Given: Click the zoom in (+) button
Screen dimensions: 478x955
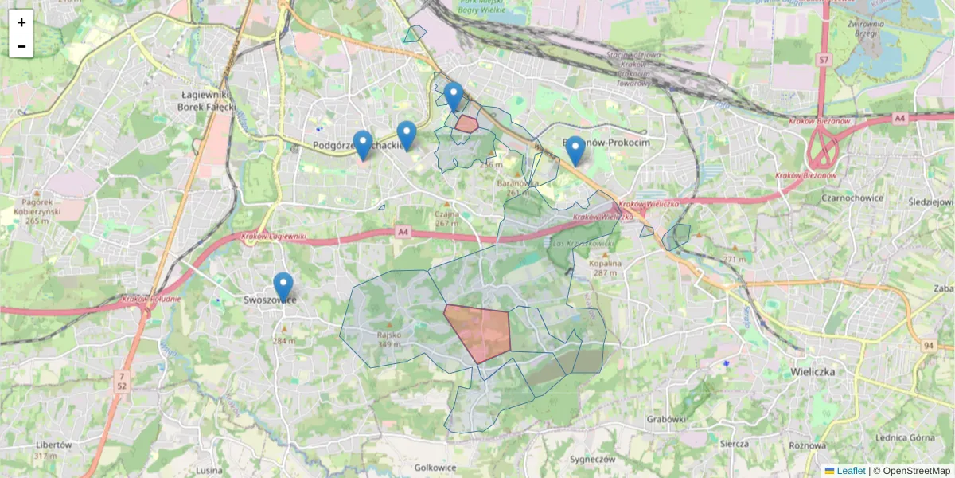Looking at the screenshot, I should click(21, 22).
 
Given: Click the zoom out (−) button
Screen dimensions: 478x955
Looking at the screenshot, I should click(21, 46).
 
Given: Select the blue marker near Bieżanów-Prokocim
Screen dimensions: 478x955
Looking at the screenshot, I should click(575, 151).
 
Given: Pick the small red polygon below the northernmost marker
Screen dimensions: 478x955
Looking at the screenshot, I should click(466, 123).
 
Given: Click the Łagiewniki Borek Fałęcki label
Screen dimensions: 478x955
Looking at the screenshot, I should click(206, 100).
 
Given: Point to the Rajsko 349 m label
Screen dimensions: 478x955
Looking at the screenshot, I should click(389, 339).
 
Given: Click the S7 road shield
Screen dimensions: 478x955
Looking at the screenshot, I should click(824, 59).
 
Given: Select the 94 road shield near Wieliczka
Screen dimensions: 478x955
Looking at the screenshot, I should click(928, 345).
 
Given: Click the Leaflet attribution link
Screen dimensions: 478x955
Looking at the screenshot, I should click(850, 471).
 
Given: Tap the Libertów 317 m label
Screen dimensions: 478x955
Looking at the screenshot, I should click(55, 450).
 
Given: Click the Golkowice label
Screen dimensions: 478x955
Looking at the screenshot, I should click(435, 468).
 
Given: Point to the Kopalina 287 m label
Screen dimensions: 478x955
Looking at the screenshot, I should click(605, 268).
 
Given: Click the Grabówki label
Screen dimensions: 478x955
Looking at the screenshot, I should click(666, 419).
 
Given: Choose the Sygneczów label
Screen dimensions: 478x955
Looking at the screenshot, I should click(593, 460).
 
